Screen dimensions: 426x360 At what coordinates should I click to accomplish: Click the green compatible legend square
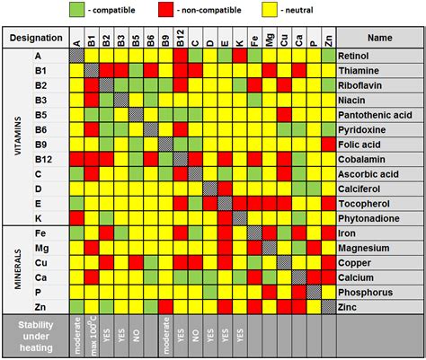click(x=77, y=9)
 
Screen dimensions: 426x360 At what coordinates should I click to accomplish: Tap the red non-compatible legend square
click(x=166, y=9)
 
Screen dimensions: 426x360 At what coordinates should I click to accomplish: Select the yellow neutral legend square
click(x=270, y=9)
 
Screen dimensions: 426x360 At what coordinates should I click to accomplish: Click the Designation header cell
click(x=36, y=38)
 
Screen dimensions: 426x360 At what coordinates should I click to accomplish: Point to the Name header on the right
click(x=380, y=38)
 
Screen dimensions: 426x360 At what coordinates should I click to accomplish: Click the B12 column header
click(x=181, y=38)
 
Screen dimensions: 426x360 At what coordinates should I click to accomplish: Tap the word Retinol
click(x=353, y=56)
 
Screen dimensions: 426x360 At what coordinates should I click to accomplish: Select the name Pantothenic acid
click(x=375, y=115)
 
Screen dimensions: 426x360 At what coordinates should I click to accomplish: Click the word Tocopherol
click(x=364, y=204)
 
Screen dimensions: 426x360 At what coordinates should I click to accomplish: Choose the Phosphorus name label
click(x=366, y=293)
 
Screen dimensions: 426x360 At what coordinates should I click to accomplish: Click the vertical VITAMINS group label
click(x=18, y=136)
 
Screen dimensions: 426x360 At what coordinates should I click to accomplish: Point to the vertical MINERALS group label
click(x=18, y=269)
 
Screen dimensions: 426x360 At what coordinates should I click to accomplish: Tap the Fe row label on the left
click(x=40, y=233)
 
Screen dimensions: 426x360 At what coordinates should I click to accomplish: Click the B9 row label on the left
click(x=40, y=145)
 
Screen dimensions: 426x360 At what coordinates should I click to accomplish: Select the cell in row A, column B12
click(x=181, y=56)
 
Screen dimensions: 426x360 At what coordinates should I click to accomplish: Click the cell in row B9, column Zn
click(x=329, y=145)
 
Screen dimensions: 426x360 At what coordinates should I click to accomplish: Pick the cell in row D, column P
click(x=314, y=189)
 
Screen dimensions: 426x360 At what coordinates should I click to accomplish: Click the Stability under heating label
click(x=36, y=337)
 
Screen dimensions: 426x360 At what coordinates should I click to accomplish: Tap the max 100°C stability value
click(x=93, y=335)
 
